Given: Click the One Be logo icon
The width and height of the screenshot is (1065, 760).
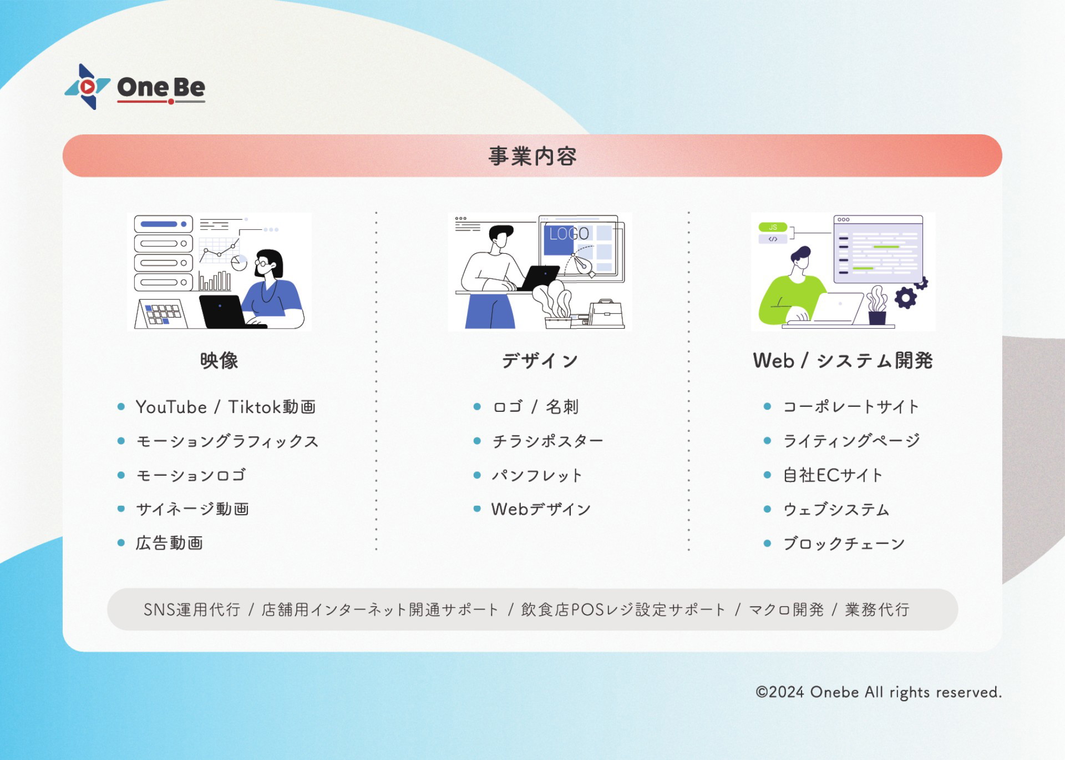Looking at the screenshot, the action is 88,87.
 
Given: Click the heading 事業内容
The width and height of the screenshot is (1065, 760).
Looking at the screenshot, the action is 532,156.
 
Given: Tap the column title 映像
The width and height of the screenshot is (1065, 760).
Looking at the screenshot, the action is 219,360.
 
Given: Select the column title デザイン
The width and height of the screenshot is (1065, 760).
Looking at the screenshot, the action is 540,360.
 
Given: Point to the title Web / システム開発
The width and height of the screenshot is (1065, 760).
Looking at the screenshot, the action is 843,360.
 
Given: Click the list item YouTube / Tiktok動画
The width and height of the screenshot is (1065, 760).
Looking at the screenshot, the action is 226,407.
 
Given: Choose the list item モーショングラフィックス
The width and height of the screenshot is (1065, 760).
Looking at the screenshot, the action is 227,441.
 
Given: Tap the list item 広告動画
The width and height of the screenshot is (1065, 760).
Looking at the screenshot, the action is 169,543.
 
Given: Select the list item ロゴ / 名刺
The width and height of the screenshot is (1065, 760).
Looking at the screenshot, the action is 536,407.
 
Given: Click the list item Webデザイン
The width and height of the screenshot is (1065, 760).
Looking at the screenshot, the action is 541,509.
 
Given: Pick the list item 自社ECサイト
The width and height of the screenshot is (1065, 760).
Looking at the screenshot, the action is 833,475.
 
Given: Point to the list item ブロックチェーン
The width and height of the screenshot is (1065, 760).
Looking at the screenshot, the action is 844,543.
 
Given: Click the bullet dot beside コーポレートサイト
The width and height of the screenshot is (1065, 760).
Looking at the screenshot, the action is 768,406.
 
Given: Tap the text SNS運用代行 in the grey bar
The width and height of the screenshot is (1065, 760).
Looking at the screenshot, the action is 192,610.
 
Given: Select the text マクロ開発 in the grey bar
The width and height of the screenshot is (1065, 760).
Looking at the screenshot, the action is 787,610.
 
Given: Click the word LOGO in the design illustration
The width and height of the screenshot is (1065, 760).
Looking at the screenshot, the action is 569,234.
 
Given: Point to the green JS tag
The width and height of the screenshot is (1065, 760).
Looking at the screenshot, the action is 773,227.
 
